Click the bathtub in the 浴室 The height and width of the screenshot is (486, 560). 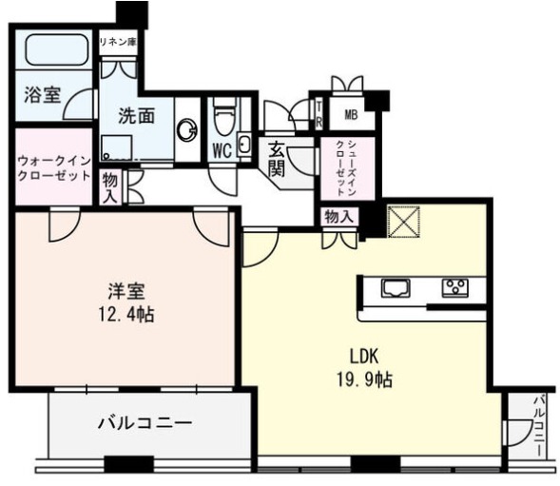(57, 49)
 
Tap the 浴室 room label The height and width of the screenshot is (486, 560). (43, 95)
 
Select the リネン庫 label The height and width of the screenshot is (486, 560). (118, 43)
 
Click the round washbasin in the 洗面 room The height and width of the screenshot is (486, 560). (187, 129)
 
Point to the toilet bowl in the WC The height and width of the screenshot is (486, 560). (224, 119)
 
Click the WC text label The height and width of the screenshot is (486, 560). (222, 150)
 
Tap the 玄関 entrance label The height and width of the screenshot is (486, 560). (276, 159)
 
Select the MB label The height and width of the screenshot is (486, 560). (351, 115)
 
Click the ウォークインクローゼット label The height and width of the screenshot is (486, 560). (54, 168)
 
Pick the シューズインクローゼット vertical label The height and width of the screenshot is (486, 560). (346, 168)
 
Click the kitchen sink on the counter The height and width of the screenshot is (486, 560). (396, 287)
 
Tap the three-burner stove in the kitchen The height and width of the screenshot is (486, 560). (455, 287)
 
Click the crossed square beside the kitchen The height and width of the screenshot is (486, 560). (403, 222)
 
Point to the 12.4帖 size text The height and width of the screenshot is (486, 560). (126, 315)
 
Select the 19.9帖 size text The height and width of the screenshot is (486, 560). (364, 379)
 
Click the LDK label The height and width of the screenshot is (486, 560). (363, 356)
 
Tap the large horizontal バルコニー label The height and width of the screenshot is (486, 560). (145, 423)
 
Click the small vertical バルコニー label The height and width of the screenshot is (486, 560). (540, 425)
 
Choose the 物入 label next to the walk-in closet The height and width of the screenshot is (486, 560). (109, 188)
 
